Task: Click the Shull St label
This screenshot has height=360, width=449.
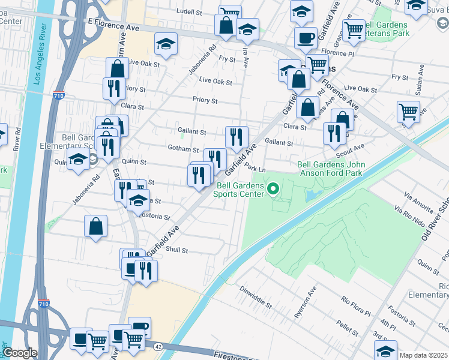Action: tap(177, 250)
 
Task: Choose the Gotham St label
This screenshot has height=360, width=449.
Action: tap(184, 149)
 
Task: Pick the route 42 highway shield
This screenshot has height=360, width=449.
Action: tap(157, 346)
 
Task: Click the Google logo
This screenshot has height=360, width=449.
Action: tap(20, 353)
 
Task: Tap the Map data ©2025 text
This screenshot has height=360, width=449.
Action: tap(423, 355)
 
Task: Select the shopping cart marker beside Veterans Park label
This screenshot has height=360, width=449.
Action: tap(354, 29)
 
